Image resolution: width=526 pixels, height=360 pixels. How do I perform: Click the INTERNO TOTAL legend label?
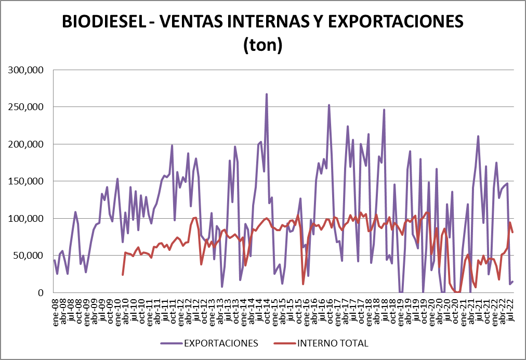pyautogui.click(x=333, y=343)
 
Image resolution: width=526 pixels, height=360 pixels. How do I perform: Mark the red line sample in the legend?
pyautogui.click(x=283, y=343)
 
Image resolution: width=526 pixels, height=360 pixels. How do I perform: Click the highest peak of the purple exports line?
pyautogui.click(x=267, y=95)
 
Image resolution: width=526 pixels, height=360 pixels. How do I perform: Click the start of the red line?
pyautogui.click(x=123, y=274)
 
